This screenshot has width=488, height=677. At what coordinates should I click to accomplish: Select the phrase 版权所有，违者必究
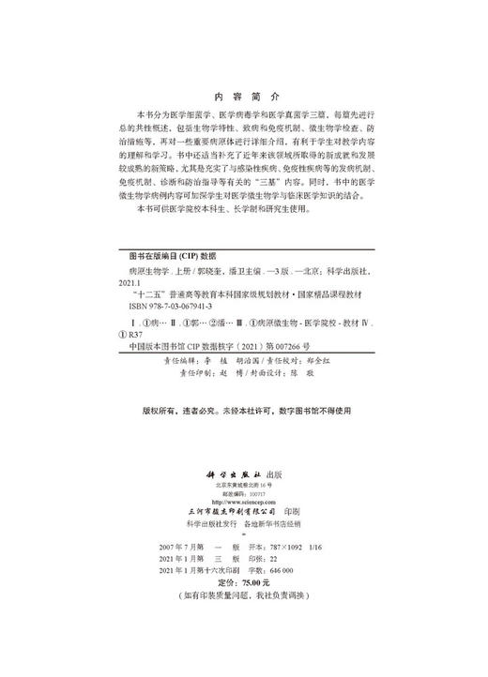pos(175,410)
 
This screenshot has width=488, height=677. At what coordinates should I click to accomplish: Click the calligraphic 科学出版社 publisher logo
pos(229,474)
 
